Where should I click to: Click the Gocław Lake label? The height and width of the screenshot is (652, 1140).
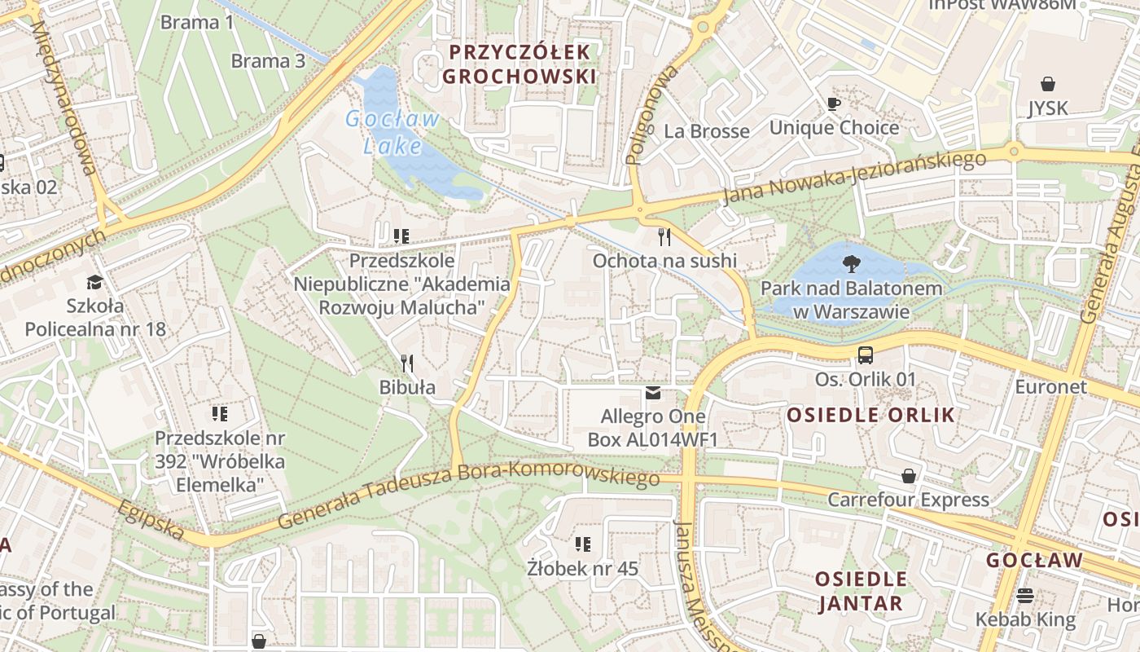pyautogui.click(x=392, y=132)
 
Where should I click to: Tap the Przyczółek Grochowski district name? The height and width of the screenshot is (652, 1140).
pyautogui.click(x=522, y=64)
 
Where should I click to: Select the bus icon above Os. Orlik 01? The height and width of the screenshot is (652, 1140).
pyautogui.click(x=865, y=355)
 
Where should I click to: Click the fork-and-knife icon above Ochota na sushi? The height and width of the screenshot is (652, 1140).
pyautogui.click(x=664, y=237)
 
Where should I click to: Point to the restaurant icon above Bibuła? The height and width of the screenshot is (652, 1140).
pyautogui.click(x=407, y=363)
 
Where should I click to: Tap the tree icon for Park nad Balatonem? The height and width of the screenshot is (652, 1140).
pyautogui.click(x=852, y=263)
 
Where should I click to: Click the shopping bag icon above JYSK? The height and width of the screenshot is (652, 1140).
pyautogui.click(x=1047, y=83)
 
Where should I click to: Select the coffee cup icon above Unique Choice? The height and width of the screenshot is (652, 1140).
pyautogui.click(x=834, y=104)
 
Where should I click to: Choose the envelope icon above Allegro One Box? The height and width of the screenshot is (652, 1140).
pyautogui.click(x=653, y=393)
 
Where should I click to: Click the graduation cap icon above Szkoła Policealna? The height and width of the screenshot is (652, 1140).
pyautogui.click(x=95, y=282)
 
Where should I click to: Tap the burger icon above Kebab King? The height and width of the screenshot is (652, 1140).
pyautogui.click(x=1025, y=595)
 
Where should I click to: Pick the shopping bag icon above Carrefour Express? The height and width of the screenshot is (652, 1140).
pyautogui.click(x=909, y=475)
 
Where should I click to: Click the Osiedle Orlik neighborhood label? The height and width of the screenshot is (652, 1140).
pyautogui.click(x=870, y=415)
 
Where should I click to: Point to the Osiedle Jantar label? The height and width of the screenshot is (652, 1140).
pyautogui.click(x=861, y=591)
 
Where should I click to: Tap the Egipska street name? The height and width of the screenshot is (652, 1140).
pyautogui.click(x=151, y=519)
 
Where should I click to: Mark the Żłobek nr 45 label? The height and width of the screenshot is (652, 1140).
pyautogui.click(x=582, y=568)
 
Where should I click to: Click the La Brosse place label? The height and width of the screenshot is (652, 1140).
pyautogui.click(x=706, y=131)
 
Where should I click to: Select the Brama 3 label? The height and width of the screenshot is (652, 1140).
pyautogui.click(x=268, y=61)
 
